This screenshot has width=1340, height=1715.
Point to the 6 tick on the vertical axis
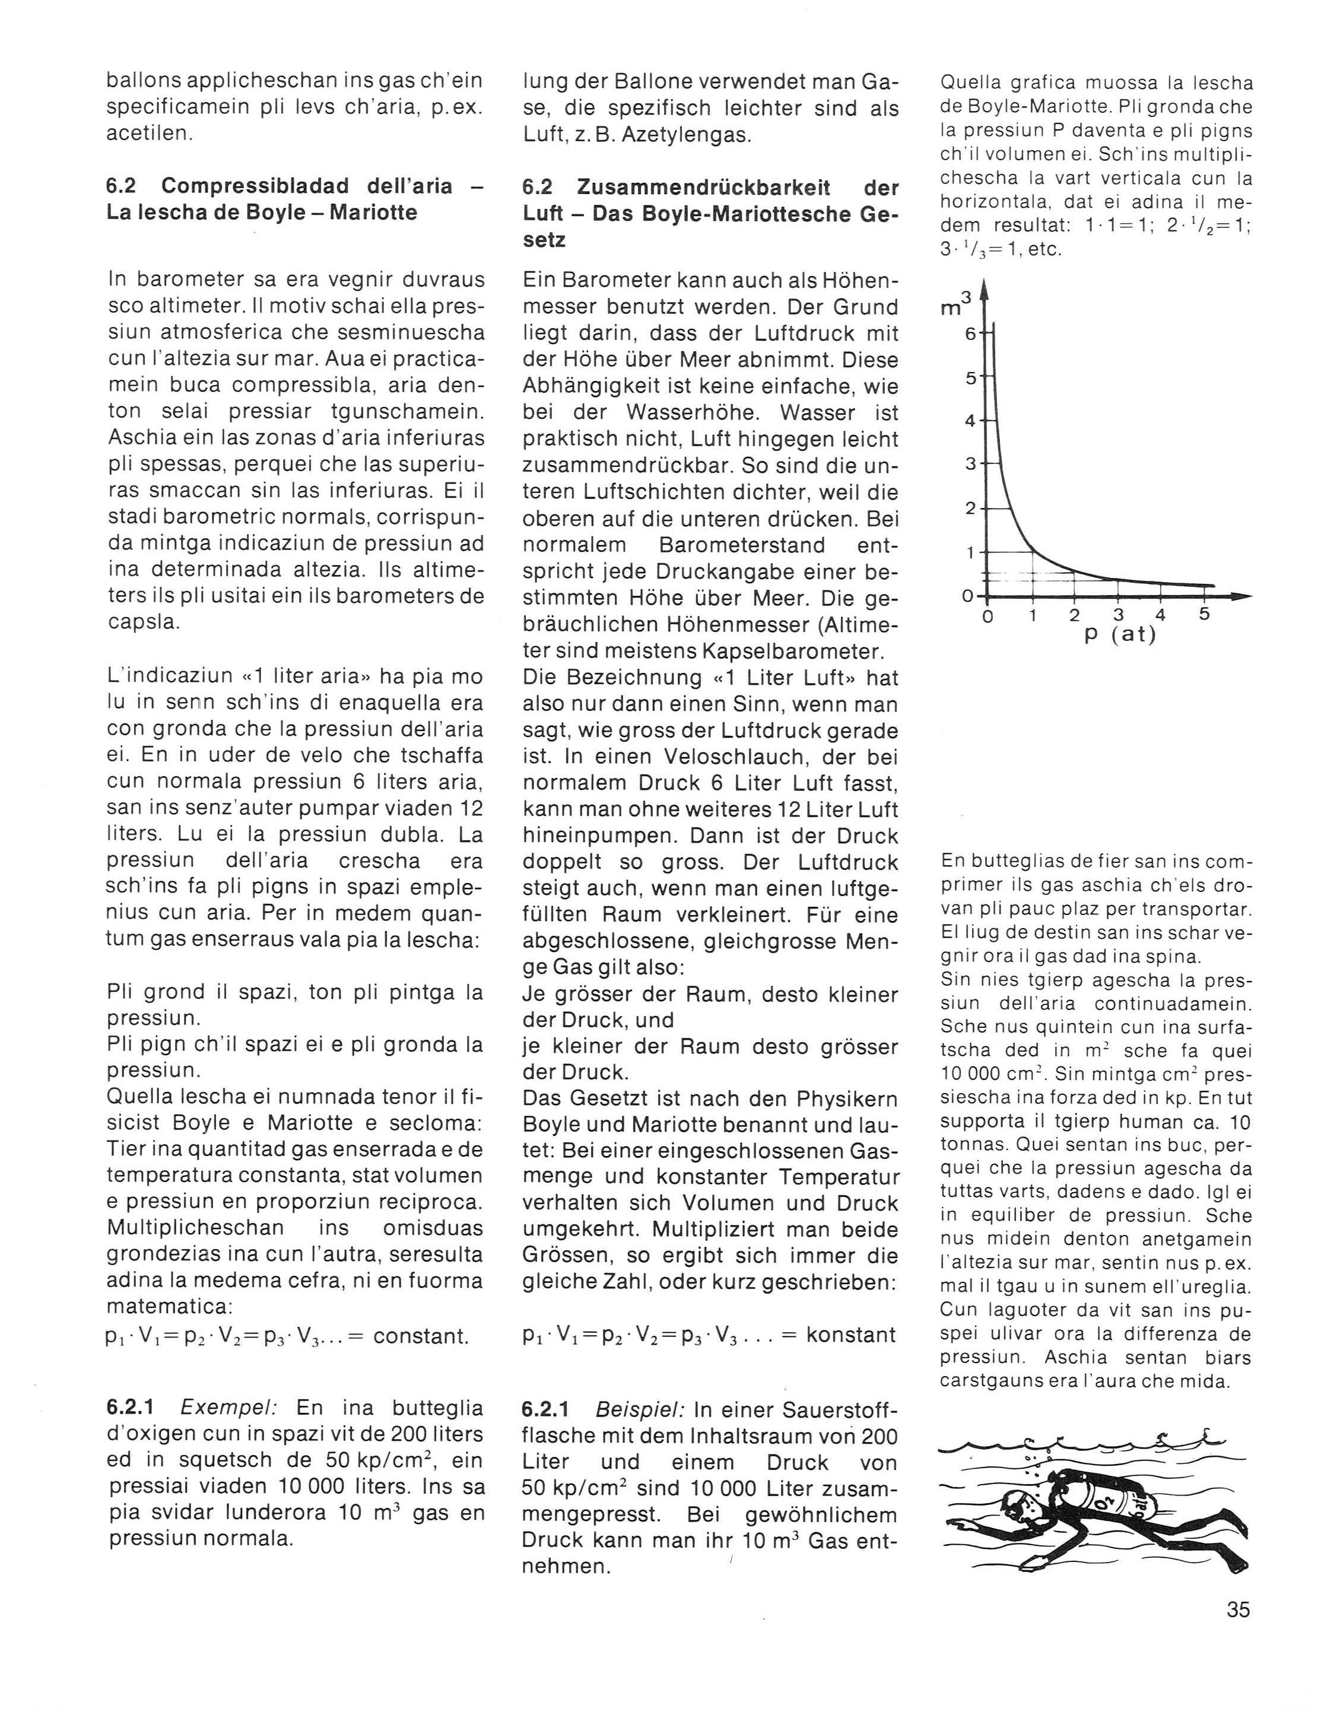(970, 334)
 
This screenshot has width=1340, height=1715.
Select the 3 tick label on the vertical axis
(970, 464)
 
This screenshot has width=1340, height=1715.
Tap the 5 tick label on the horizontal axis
(1205, 613)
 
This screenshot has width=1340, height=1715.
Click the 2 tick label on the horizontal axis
(1075, 615)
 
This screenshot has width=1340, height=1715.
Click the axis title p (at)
(1120, 634)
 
